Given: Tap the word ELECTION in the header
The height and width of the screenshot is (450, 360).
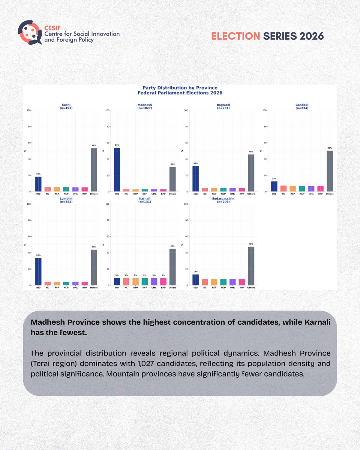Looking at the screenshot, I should tap(235, 36).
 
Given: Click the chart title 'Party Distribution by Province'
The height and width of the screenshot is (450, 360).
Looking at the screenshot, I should tap(180, 88).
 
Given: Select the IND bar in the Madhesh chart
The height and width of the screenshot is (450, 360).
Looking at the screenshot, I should tap(117, 169).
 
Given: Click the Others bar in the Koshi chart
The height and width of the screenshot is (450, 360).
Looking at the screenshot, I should tap(94, 169).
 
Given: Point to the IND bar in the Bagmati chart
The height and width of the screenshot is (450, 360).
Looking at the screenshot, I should tap(195, 178).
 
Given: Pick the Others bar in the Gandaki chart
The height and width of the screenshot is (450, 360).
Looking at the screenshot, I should tap(330, 171).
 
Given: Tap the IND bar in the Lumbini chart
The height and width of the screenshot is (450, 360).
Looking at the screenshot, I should tap(38, 271).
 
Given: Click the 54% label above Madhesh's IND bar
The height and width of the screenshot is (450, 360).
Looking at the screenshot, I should tap(117, 145).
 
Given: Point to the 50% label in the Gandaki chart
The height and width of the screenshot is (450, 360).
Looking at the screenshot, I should tap(330, 148).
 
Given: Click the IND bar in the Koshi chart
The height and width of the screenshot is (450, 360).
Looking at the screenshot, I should tap(38, 184).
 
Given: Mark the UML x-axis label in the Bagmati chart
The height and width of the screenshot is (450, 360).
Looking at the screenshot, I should tap(232, 194).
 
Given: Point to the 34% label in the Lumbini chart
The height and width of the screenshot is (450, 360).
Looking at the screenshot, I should tap(38, 255).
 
